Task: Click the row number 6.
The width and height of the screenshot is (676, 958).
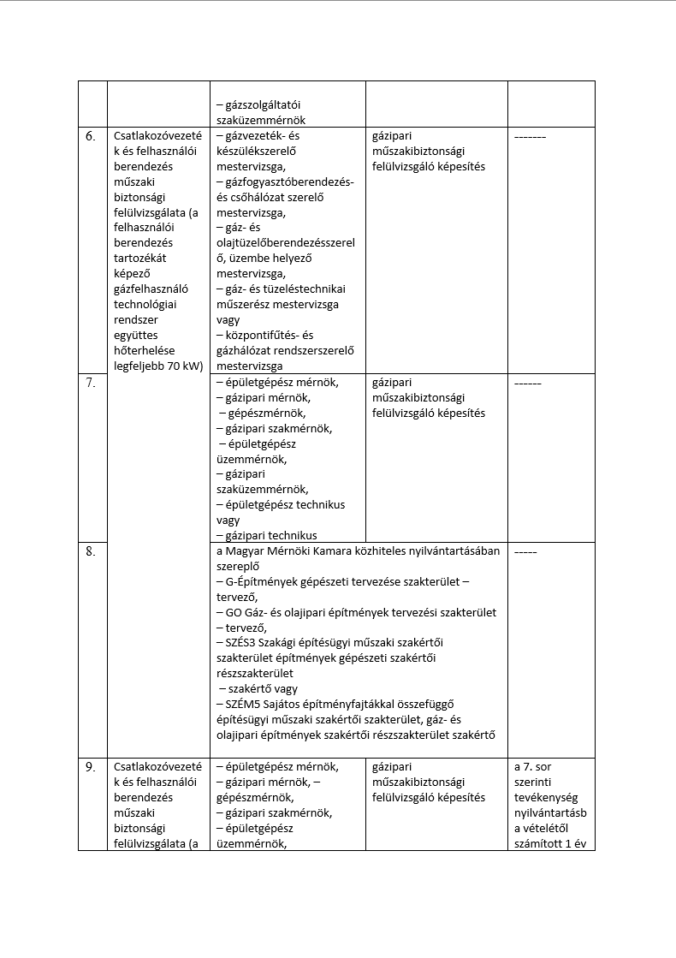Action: (90, 137)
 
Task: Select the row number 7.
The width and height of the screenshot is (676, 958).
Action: (90, 384)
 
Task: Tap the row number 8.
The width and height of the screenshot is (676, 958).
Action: (90, 551)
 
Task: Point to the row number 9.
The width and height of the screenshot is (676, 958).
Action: (90, 767)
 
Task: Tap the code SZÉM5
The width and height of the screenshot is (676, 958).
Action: (243, 705)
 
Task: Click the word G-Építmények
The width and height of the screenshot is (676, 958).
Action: (258, 581)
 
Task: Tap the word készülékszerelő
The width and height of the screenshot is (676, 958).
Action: (257, 152)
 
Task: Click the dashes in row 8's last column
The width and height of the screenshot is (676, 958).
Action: (525, 551)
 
